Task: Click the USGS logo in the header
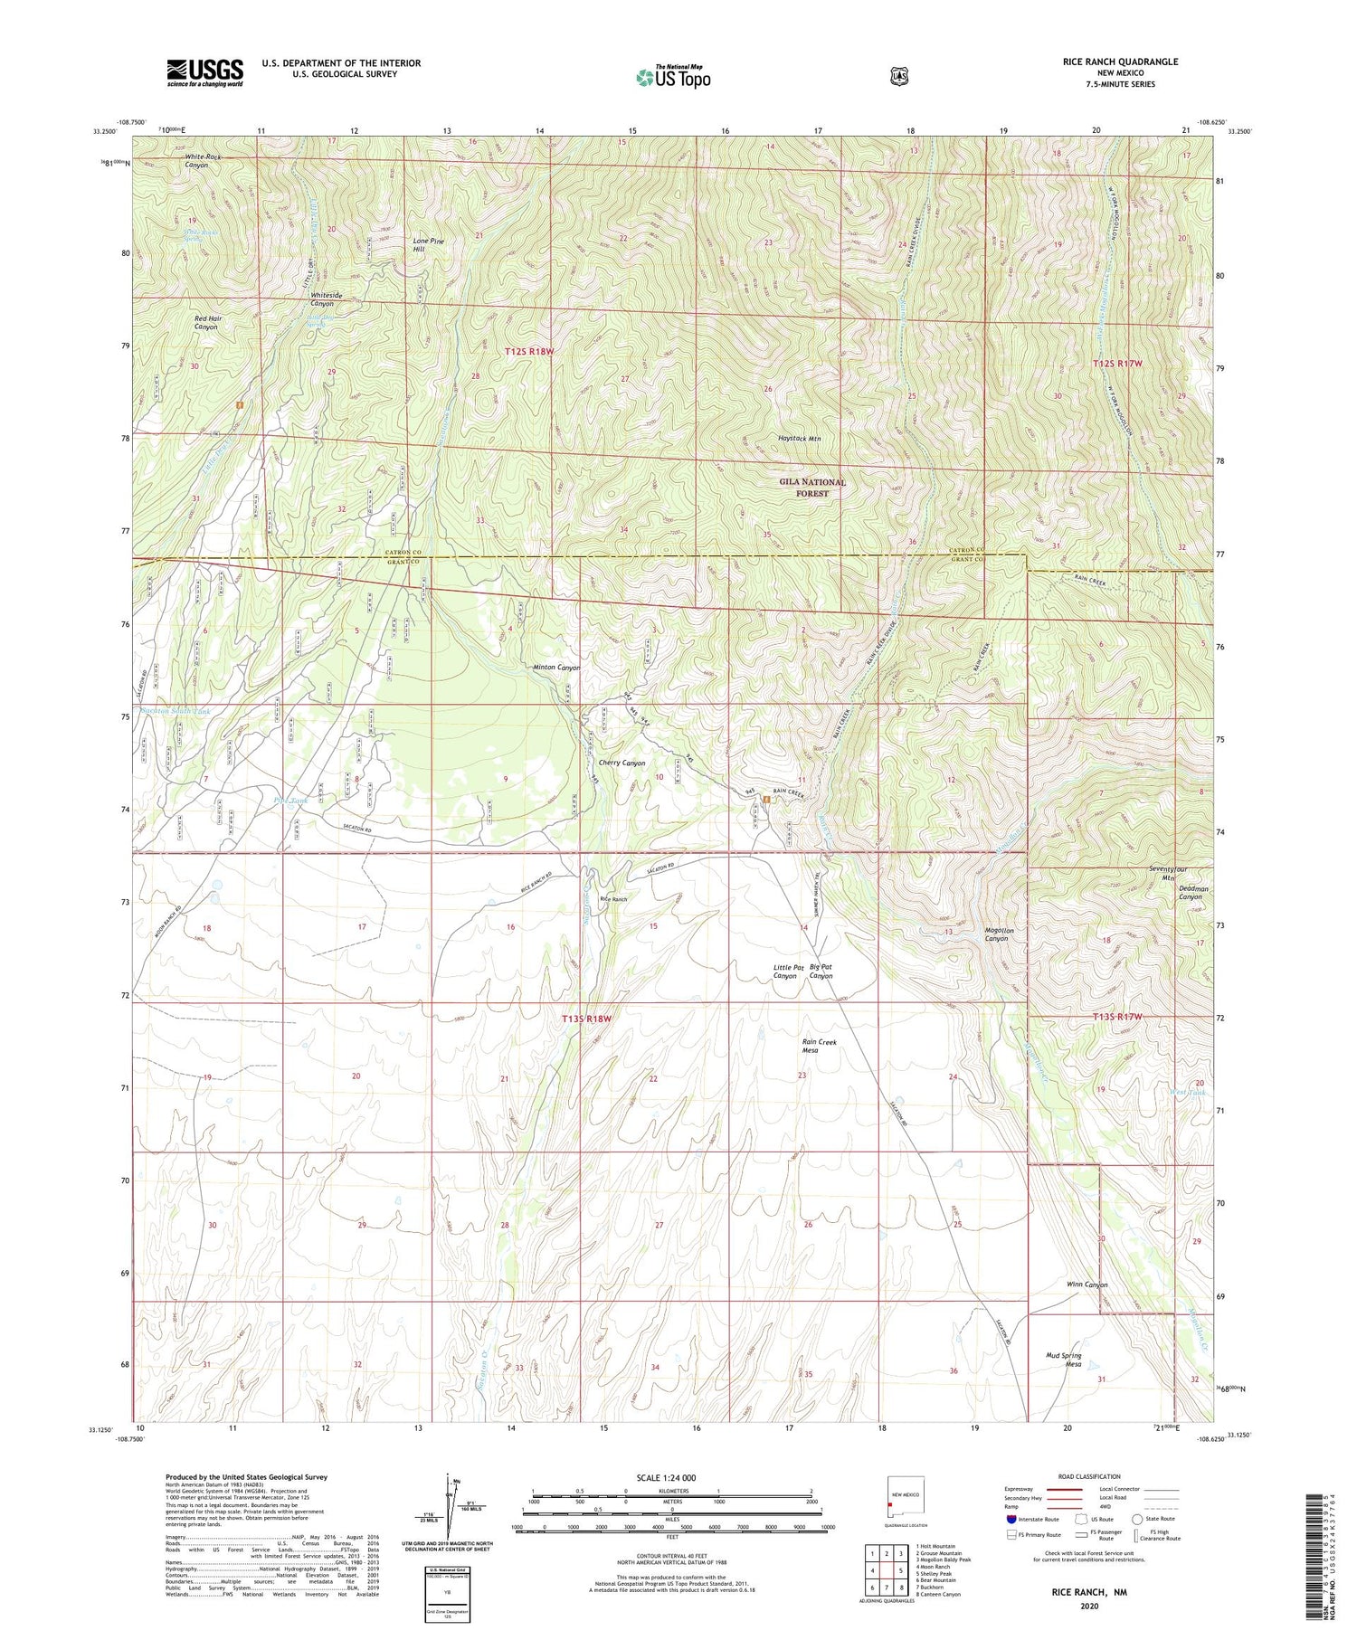(204, 72)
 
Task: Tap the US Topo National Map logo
(673, 77)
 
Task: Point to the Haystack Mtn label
(800, 439)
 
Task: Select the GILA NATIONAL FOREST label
(812, 488)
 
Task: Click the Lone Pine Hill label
(429, 245)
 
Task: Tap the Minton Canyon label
(555, 668)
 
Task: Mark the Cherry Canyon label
(622, 763)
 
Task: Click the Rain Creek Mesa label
(819, 1046)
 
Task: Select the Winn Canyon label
(1087, 1285)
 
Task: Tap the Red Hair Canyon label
(207, 323)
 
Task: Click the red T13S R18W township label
(587, 1019)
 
